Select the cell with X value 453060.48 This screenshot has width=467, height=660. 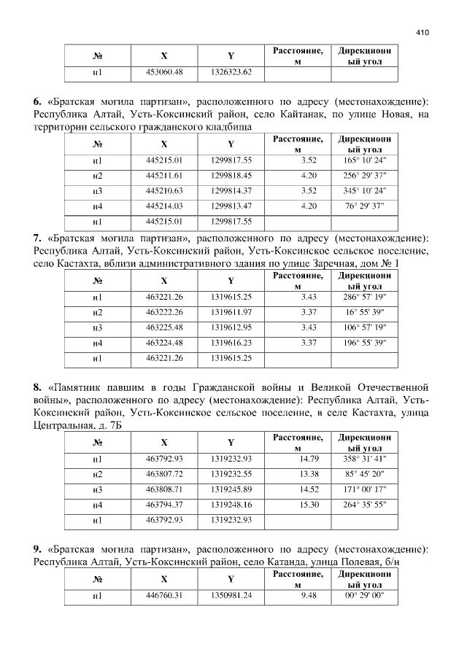click(164, 72)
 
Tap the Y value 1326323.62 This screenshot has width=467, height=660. click(231, 72)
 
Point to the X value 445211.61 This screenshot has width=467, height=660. click(164, 175)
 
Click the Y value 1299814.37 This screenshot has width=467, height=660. click(231, 191)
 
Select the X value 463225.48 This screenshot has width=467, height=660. click(164, 327)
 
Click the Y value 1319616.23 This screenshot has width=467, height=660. click(231, 343)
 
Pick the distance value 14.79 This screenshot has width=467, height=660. click(305, 459)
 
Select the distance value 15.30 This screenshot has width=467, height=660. click(305, 504)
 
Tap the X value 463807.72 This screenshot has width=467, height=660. click(164, 474)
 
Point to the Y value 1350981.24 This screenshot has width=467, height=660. click(231, 596)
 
